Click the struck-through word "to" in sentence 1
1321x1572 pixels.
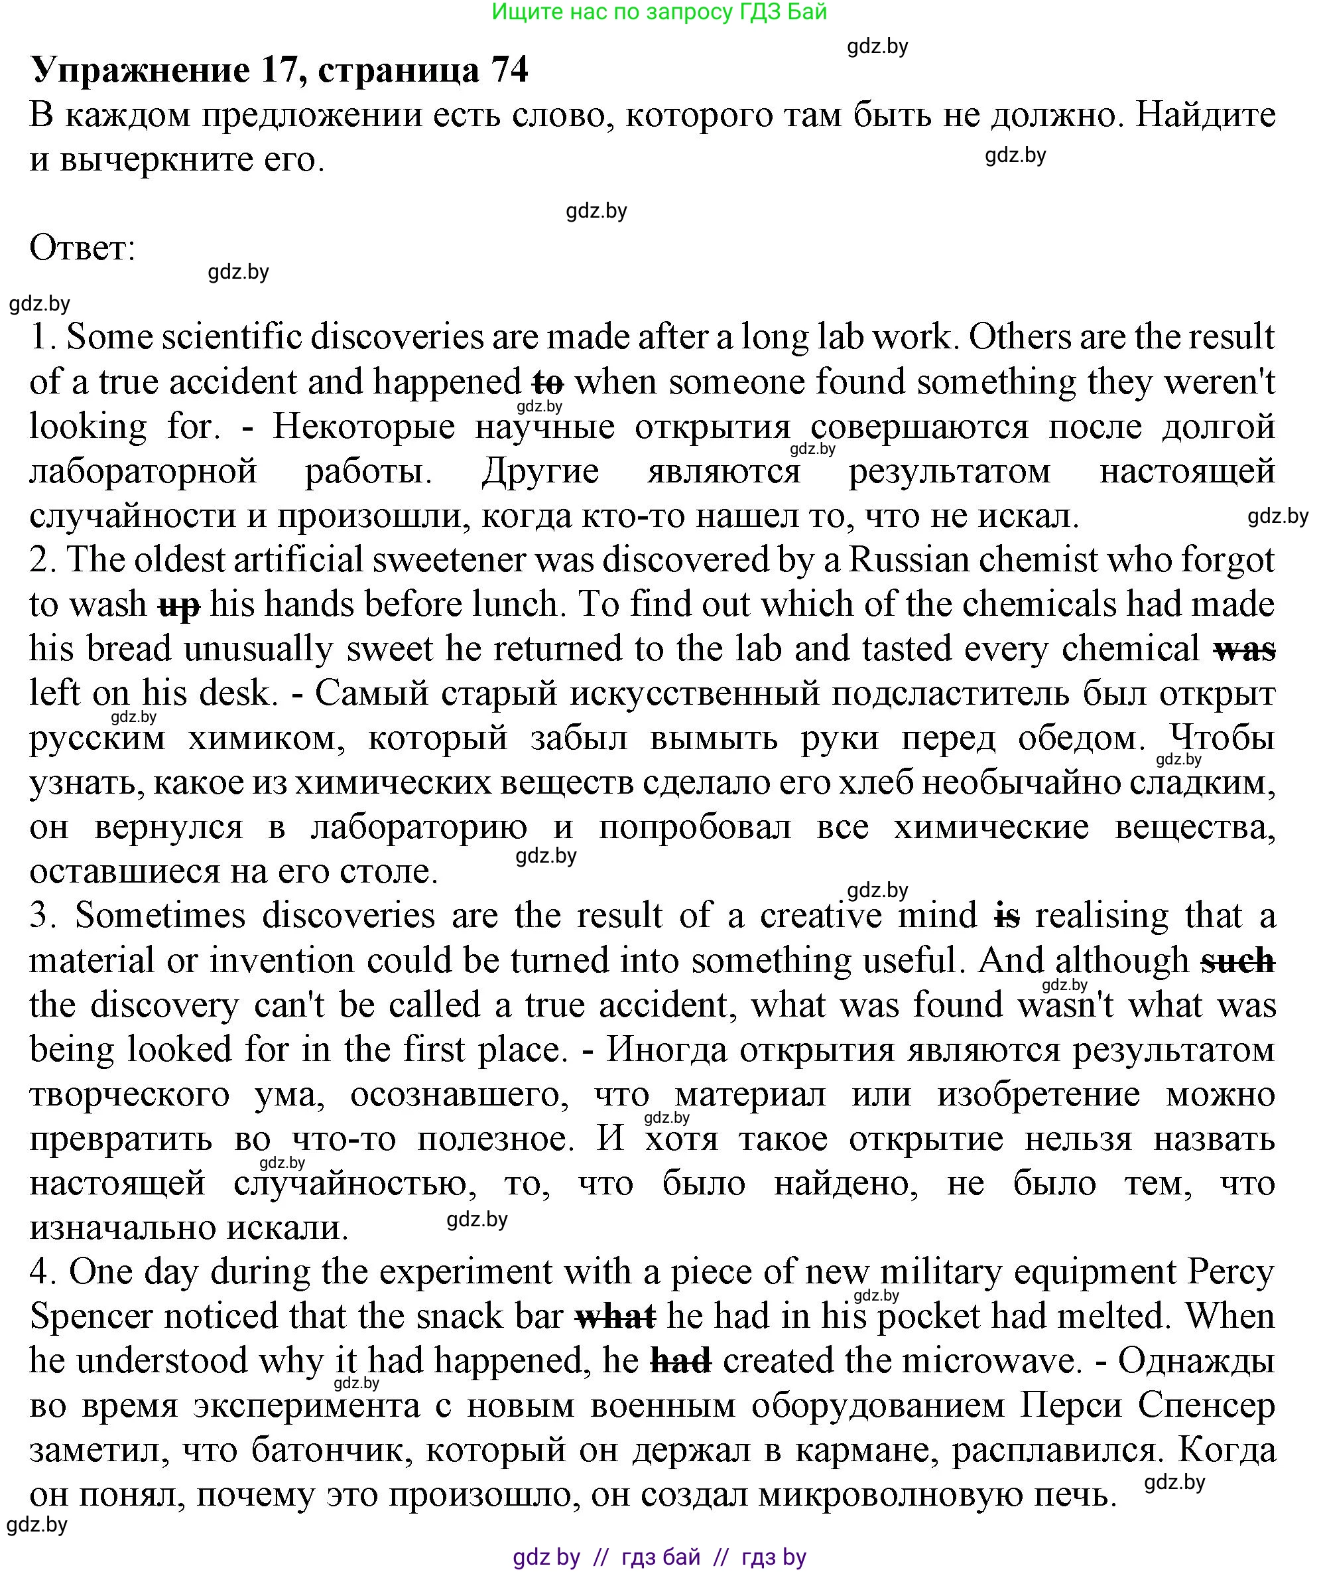(547, 383)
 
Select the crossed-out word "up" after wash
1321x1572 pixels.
(179, 605)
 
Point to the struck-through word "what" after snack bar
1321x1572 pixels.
(615, 1317)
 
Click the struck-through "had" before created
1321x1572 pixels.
(680, 1362)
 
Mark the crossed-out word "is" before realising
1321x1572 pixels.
(1007, 916)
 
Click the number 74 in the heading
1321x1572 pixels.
(509, 70)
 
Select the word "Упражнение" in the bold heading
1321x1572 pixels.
(139, 70)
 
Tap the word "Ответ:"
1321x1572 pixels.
(82, 248)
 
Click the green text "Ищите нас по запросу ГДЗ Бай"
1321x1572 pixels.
(659, 12)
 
